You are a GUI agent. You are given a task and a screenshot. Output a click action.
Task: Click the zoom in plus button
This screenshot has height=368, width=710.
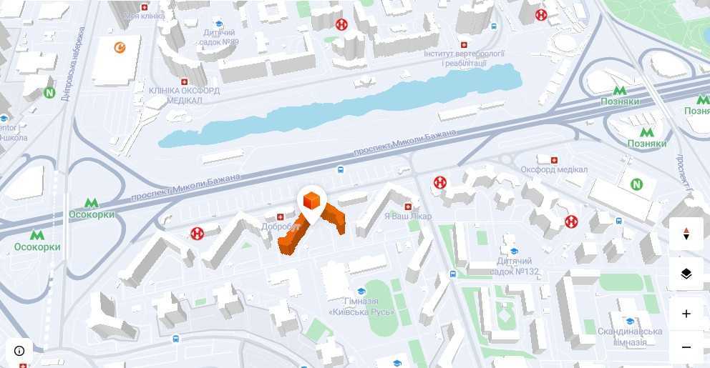tap(686, 313)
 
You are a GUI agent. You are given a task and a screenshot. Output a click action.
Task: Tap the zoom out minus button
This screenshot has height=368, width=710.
tap(686, 347)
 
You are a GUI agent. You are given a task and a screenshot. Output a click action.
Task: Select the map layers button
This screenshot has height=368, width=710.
tap(686, 274)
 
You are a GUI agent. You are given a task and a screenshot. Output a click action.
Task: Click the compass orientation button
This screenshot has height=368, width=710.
tap(686, 234)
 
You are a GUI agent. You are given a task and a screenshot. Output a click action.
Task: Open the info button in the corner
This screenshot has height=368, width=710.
tap(19, 350)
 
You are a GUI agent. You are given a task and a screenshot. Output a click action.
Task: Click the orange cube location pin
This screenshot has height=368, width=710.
tap(311, 202)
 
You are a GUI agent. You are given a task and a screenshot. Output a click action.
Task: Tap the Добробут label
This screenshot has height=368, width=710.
tap(280, 226)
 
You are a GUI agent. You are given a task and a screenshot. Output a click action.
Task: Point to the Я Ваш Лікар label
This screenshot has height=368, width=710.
tap(408, 216)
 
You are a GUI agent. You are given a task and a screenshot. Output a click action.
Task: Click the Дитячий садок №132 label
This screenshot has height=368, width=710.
tap(515, 267)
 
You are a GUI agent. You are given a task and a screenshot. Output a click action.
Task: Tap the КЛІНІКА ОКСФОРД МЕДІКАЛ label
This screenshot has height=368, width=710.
tap(184, 95)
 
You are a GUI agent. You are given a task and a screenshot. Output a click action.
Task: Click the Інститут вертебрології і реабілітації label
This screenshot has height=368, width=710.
tap(465, 58)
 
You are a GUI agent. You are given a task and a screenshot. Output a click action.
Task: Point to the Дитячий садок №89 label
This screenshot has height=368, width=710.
tap(220, 37)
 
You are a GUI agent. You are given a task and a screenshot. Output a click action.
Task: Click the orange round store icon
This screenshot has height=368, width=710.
tap(120, 48)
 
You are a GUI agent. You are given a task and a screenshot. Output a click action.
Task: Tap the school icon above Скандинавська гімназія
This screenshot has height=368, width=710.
tap(629, 322)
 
